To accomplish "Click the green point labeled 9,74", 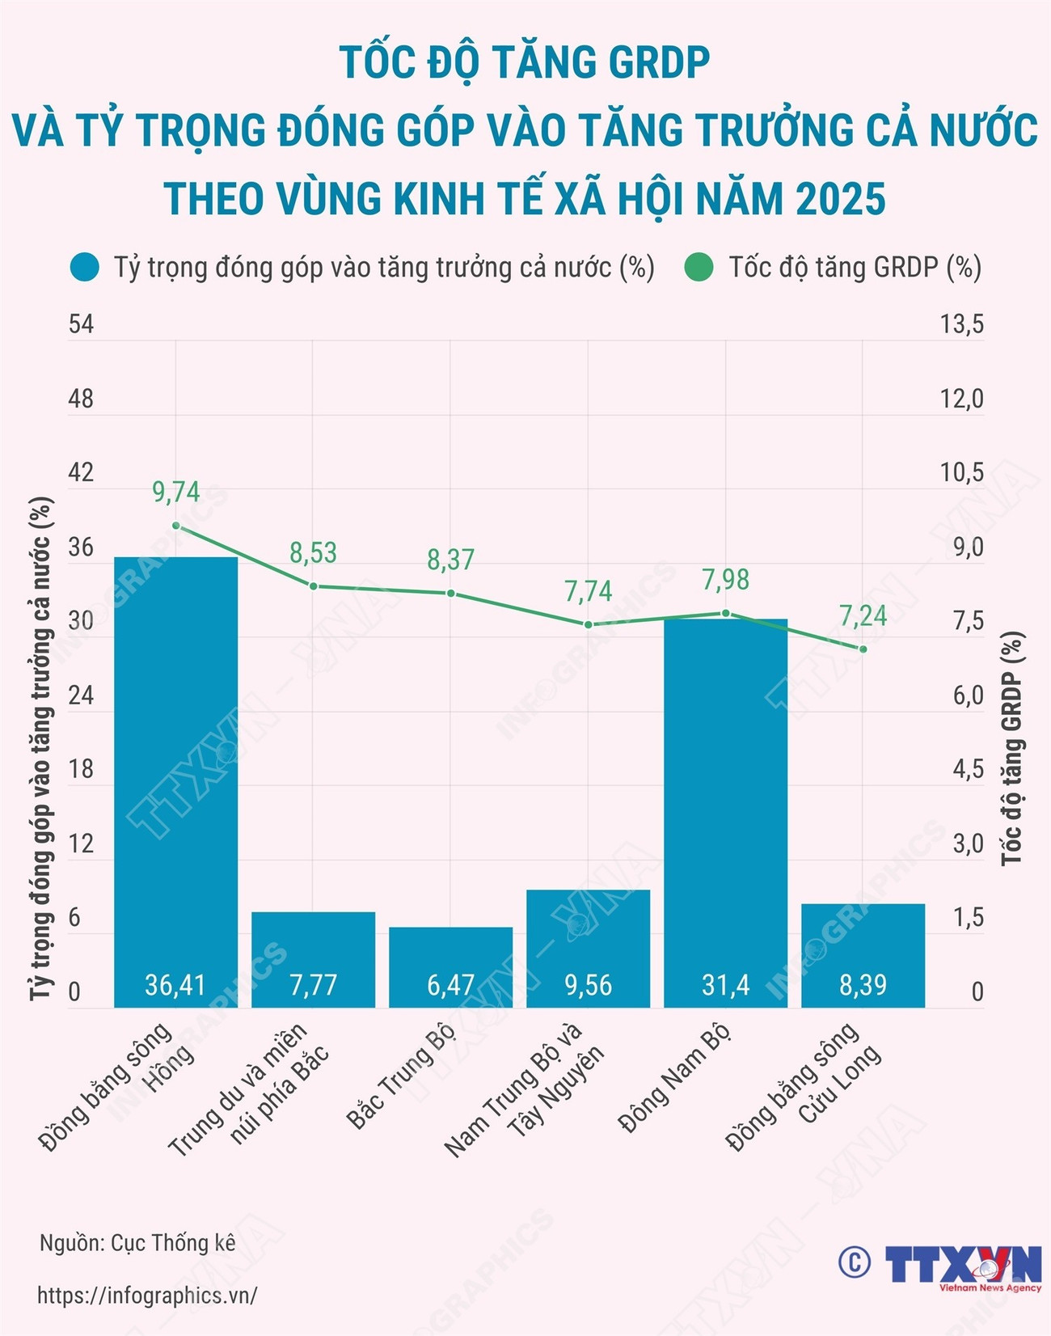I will (x=176, y=526).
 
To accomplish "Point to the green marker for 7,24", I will (x=863, y=649).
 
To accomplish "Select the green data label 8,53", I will (x=313, y=553).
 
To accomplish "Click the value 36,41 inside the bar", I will (x=175, y=984).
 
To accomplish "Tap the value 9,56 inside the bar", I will (x=588, y=984).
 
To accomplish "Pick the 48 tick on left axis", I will (x=81, y=399).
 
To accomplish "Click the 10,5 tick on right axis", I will (x=961, y=472).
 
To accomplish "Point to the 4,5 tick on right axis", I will (x=968, y=769).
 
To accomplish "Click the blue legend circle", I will (x=85, y=268).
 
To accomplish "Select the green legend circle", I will (x=699, y=268).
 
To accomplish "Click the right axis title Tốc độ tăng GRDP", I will (x=1012, y=748).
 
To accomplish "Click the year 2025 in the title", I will (x=840, y=199).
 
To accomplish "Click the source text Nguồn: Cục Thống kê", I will (x=137, y=1243).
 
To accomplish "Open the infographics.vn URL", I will (x=147, y=1295).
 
